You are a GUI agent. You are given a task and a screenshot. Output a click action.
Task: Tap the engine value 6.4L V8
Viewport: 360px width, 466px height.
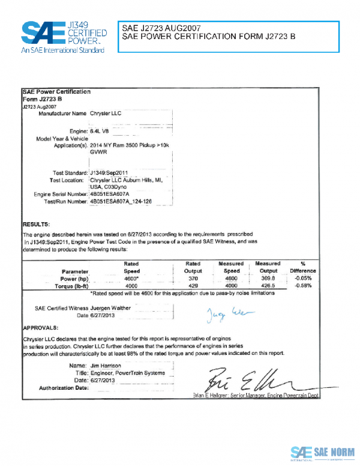(100, 130)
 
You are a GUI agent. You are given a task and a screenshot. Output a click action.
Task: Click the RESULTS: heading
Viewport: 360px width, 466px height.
(35, 223)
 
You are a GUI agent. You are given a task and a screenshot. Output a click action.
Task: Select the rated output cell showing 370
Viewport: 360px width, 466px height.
(193, 279)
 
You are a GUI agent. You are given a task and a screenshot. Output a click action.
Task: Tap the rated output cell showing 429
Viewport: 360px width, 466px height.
(193, 286)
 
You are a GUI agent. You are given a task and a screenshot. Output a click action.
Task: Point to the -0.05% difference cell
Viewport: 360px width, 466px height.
(303, 279)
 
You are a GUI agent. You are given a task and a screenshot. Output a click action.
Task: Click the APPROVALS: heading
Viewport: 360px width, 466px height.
(40, 328)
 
